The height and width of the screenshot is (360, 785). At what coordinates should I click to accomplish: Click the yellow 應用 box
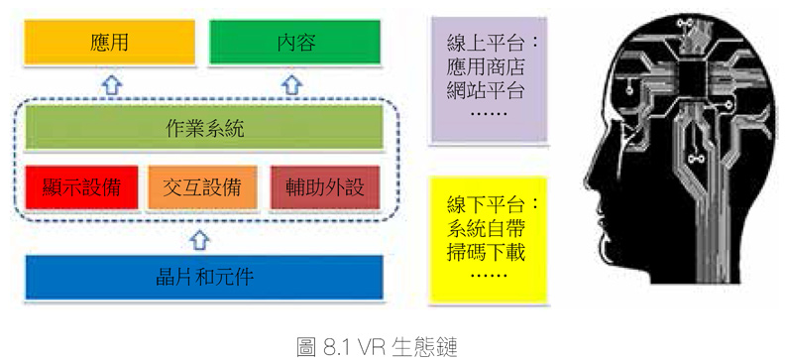[110, 43]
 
